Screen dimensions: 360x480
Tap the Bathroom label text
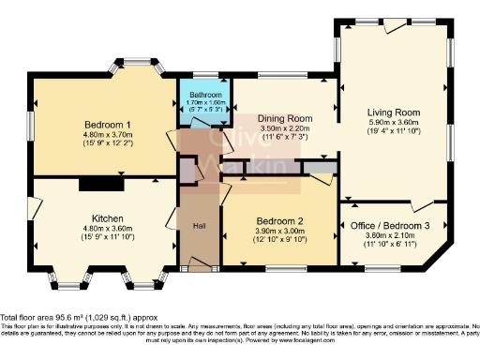205,95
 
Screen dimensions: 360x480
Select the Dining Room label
285,118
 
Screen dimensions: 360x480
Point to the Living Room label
393,112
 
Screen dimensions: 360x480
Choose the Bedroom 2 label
280,221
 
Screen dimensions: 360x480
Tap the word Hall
200,226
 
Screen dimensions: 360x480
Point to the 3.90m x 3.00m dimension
280,232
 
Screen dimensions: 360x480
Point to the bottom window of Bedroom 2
280,269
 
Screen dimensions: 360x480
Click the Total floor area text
85,318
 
